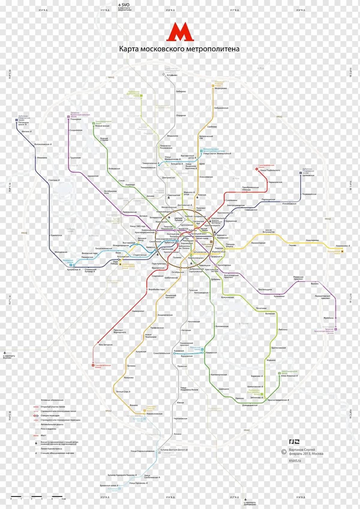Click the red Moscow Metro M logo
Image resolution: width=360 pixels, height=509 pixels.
[180, 32]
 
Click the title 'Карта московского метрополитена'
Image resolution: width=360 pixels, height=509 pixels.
[179, 49]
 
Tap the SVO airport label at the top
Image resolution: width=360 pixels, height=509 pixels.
[125, 5]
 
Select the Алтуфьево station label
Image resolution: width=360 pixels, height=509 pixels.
[172, 75]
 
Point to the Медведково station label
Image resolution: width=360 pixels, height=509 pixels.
[221, 88]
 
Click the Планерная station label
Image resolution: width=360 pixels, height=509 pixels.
[76, 119]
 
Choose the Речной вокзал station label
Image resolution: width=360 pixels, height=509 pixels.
[102, 126]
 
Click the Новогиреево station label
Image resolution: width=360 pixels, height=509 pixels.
[312, 240]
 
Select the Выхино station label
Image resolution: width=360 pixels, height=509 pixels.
[315, 283]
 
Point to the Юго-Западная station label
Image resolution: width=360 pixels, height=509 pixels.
[105, 345]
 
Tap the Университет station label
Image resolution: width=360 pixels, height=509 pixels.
[138, 311]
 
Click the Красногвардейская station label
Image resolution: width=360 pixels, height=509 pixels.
[277, 400]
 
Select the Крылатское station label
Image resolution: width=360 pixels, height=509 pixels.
[56, 235]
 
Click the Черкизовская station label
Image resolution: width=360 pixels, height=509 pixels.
[275, 182]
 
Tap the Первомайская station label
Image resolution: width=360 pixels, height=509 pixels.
[309, 194]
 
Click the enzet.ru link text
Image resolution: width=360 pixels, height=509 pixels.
[295, 460]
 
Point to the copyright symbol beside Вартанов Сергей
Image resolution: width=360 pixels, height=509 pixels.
[283, 452]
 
